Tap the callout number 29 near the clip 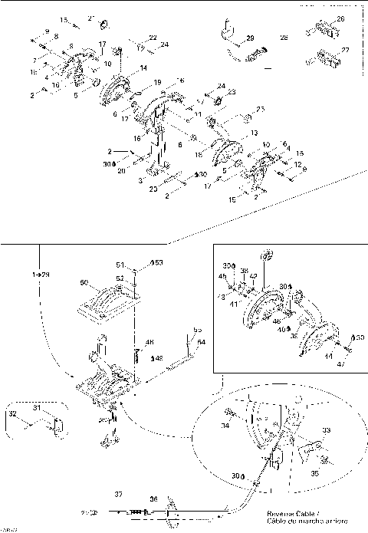pos(250,37)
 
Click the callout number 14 pos(143,69)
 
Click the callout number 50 pos(86,283)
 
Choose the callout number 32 pos(11,414)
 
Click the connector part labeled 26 pos(322,30)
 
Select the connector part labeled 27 pos(324,58)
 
